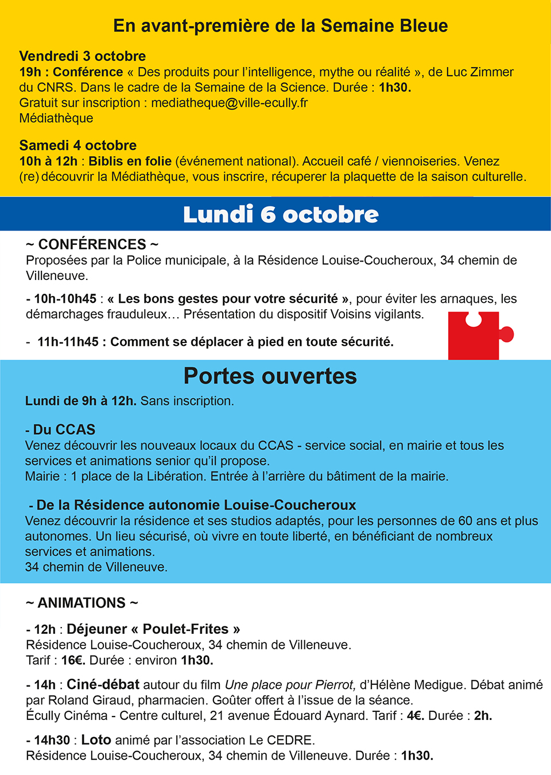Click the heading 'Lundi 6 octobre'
[x=281, y=215]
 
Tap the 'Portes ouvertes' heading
[x=270, y=376]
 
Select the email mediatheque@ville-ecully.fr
[x=230, y=103]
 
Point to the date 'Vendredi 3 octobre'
[x=83, y=56]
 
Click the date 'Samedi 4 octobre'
[x=78, y=145]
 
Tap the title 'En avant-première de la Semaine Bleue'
[x=281, y=26]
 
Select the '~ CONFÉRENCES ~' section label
[x=92, y=244]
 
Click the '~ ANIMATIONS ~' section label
[x=82, y=603]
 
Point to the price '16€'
[x=73, y=660]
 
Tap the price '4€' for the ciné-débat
[x=415, y=716]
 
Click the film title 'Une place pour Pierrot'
[x=290, y=685]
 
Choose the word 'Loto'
[x=96, y=740]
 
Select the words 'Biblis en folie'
[x=130, y=161]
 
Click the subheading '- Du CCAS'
[x=60, y=430]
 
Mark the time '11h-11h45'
[x=68, y=342]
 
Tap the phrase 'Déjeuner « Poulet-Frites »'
[x=153, y=629]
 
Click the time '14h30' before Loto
[x=52, y=741]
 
